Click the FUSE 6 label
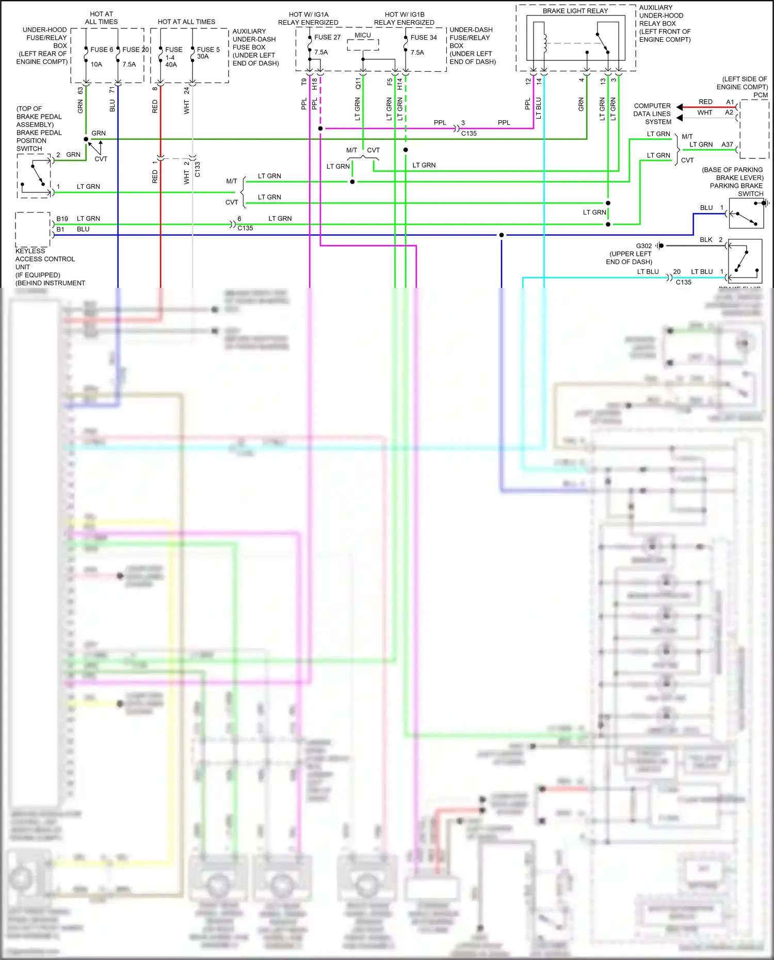tap(102, 50)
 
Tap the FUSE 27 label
tap(327, 37)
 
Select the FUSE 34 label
tap(423, 37)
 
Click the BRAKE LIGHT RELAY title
tap(575, 11)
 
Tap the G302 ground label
tap(643, 246)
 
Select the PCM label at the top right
tap(760, 95)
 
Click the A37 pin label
tap(727, 144)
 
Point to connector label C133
tap(197, 169)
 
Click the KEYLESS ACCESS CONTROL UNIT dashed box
tap(33, 230)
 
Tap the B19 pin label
tap(62, 219)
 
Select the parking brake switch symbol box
tap(746, 213)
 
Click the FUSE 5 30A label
tap(208, 53)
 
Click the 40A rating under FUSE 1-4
tap(171, 64)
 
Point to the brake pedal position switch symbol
tap(34, 176)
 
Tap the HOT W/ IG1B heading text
tap(404, 14)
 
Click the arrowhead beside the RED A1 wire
tap(680, 107)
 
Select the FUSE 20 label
tap(135, 50)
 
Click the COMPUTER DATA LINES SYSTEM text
tap(652, 113)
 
